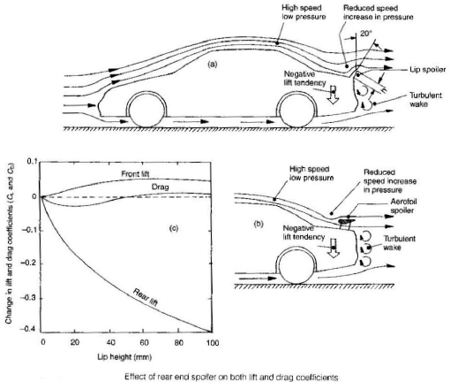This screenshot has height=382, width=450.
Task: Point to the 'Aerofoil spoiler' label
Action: (x=396, y=208)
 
